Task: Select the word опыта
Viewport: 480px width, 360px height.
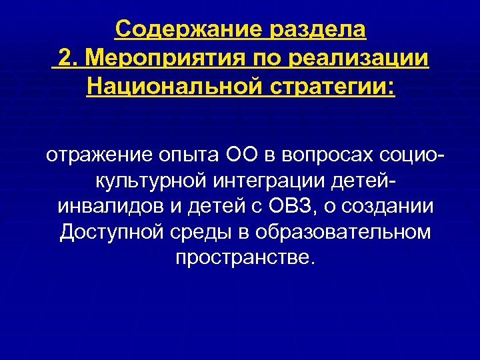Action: click(183, 156)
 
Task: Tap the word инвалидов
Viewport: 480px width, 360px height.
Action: click(107, 207)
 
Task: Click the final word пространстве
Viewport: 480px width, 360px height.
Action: click(243, 257)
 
